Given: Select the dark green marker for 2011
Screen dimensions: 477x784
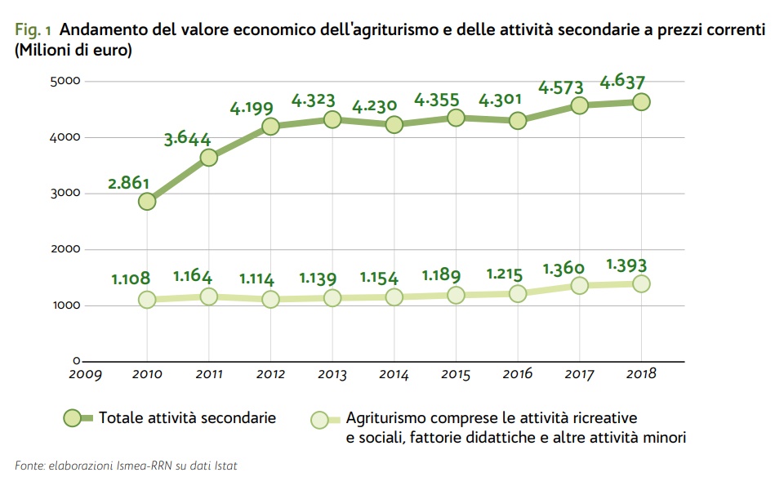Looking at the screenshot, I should (x=208, y=158).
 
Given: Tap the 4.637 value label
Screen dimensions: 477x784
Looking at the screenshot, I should (x=622, y=82).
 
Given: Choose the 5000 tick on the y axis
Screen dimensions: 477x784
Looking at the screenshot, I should (x=64, y=82).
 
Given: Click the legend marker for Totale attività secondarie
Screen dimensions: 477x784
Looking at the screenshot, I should (x=75, y=418).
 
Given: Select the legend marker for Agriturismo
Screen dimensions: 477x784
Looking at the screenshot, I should (x=322, y=420).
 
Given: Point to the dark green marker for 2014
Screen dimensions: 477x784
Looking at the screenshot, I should (x=394, y=125).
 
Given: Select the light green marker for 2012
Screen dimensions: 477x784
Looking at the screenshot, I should (x=270, y=299).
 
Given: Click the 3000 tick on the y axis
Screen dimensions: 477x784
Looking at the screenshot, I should (x=64, y=194).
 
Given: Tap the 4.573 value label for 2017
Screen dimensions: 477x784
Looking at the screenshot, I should (x=561, y=86).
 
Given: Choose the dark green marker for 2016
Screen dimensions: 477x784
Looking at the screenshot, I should (x=517, y=121).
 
